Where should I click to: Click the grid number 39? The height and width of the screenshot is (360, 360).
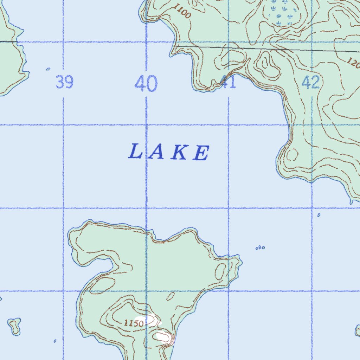coord(65,83)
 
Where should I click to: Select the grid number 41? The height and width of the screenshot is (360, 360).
coord(228,83)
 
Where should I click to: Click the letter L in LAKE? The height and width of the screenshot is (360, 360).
coord(135,152)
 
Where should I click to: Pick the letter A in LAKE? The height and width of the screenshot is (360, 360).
coord(156,153)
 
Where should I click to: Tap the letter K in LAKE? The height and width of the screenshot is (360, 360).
coord(179,153)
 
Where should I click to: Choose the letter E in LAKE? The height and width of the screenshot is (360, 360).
coord(201,154)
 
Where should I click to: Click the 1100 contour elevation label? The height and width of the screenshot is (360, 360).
coord(182,13)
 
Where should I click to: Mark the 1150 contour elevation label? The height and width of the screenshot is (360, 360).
coord(134,323)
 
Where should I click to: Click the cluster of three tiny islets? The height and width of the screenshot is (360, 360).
coord(260,248)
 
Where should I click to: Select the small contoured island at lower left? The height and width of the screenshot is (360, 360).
coord(15,326)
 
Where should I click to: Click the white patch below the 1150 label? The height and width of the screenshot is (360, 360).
coord(163,337)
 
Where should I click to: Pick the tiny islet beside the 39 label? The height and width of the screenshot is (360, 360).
coord(48,69)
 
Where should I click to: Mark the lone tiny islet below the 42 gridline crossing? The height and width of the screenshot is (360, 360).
coord(319,215)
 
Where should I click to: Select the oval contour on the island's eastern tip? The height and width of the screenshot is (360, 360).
coord(220,271)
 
